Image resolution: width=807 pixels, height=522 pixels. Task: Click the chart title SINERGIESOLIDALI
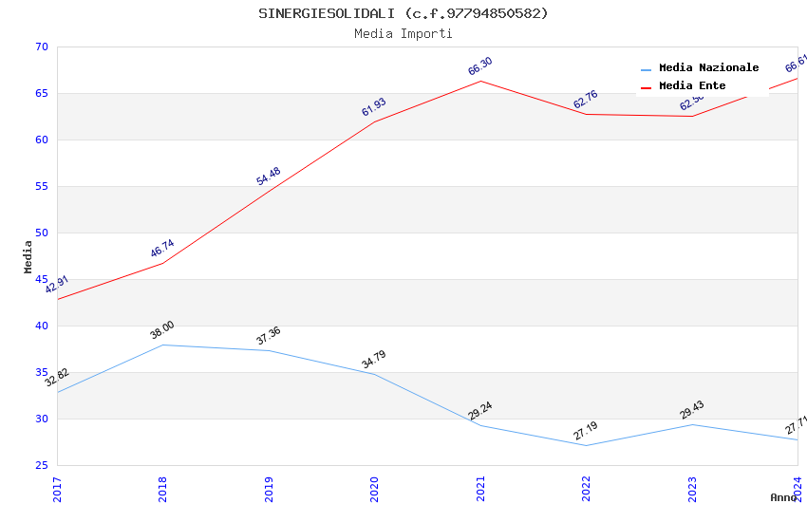403,13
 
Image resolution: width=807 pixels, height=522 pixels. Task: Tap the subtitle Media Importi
403,33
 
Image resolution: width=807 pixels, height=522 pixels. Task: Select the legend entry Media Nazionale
708,67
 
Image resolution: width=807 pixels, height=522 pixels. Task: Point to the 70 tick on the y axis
40,47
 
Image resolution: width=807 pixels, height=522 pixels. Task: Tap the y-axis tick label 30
40,419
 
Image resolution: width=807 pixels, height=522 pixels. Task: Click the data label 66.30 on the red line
480,66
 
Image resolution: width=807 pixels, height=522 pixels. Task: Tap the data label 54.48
269,177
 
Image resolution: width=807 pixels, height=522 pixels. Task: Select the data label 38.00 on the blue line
162,330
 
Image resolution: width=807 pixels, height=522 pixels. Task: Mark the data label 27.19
585,431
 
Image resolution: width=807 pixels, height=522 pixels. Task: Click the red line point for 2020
374,121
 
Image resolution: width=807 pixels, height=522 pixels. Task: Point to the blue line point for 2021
480,425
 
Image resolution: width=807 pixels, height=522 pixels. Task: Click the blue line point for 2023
692,424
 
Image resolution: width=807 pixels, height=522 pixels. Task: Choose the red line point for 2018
162,263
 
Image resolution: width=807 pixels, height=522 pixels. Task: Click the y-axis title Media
28,256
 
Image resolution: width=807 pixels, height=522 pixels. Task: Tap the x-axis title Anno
783,497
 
